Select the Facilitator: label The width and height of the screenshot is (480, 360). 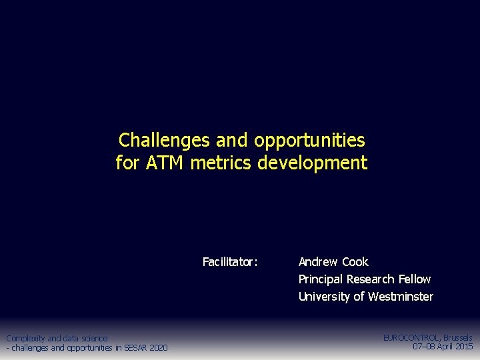[230, 262]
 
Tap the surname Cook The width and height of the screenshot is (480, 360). [356, 262]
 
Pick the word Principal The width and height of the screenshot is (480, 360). [321, 279]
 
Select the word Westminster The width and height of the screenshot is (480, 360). [401, 297]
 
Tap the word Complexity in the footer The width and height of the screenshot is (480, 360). [25, 339]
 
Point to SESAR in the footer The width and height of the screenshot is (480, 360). [137, 347]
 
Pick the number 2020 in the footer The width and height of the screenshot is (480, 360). [159, 347]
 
